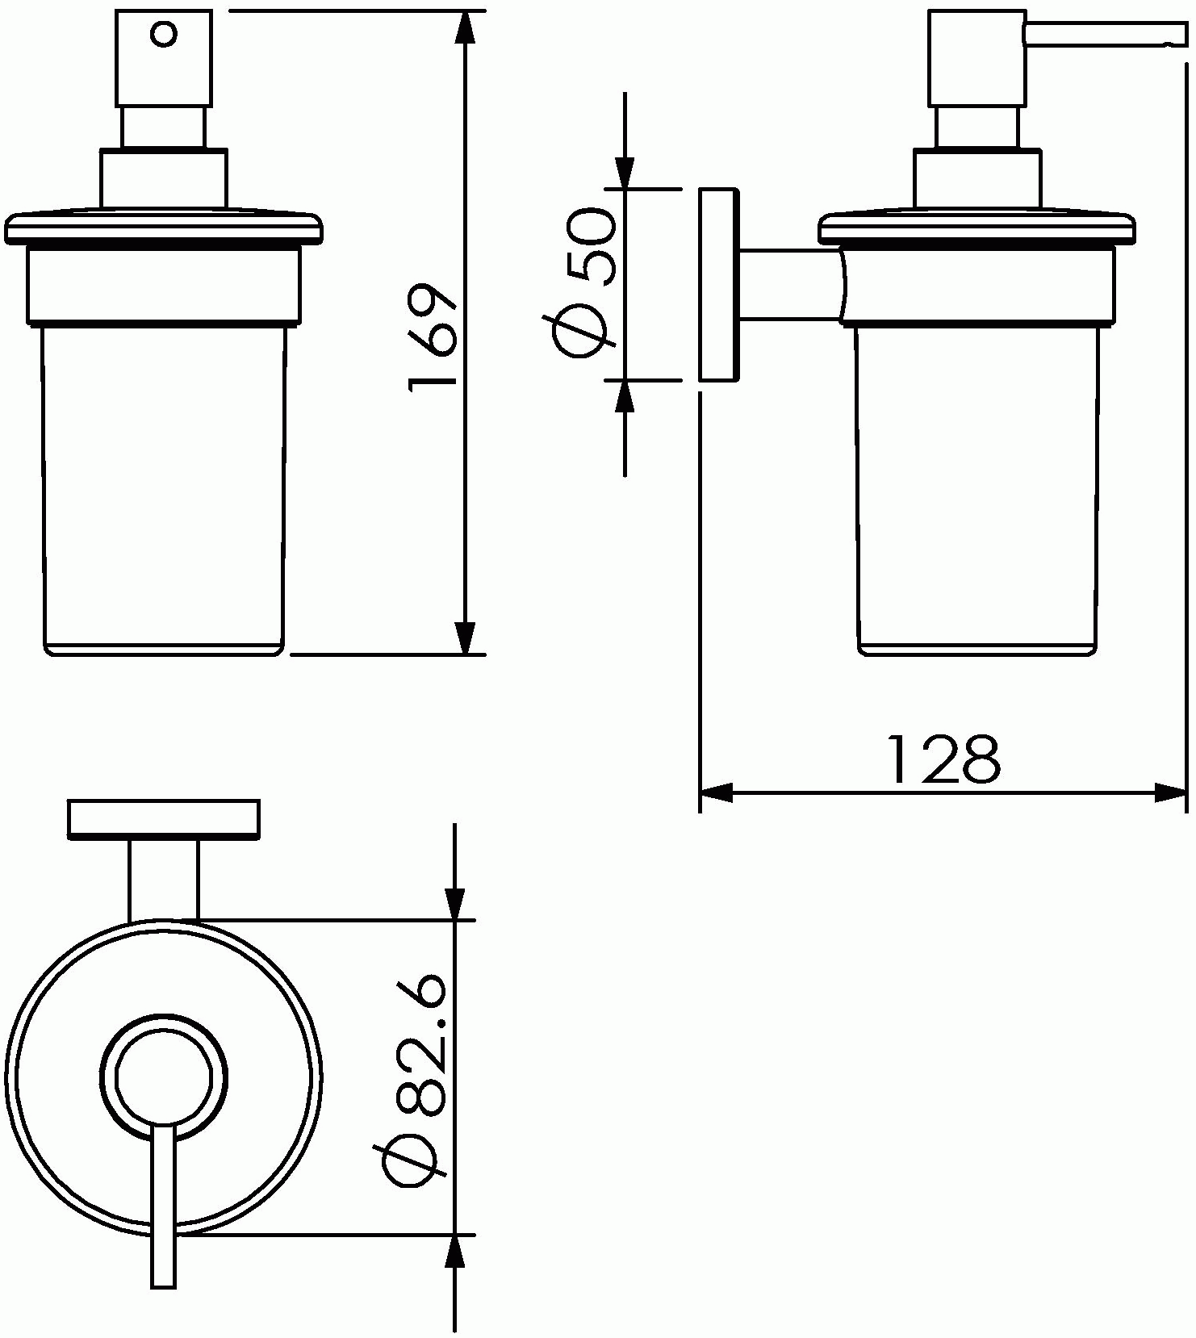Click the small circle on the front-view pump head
pyautogui.click(x=165, y=35)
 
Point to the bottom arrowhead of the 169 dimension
pyautogui.click(x=464, y=638)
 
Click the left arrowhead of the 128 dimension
pyautogui.click(x=717, y=792)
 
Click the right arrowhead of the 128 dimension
pyautogui.click(x=1171, y=792)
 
